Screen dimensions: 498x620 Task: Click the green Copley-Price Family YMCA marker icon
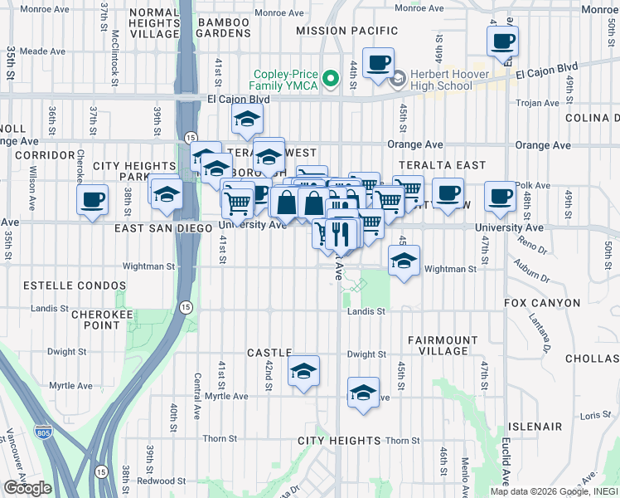[x=331, y=79]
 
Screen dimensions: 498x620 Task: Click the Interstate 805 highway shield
[x=42, y=432]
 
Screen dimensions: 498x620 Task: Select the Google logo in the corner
[x=27, y=488]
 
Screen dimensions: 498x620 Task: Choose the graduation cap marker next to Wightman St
[x=404, y=261]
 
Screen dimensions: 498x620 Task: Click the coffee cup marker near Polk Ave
[x=500, y=197]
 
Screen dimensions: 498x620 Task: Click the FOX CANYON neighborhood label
[x=542, y=304]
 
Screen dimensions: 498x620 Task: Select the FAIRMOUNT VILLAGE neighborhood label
[x=443, y=346]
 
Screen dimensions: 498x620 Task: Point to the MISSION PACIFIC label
[x=341, y=31]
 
